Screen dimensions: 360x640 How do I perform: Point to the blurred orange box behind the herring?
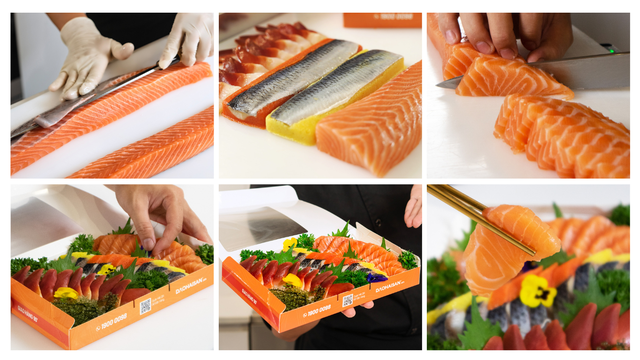[x=382, y=20]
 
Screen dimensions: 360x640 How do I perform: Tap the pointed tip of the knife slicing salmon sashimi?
[x=440, y=85]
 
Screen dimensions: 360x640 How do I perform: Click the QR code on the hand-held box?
[x=347, y=300]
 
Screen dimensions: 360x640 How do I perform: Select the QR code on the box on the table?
[x=145, y=306]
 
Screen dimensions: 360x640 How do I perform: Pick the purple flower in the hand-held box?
[x=377, y=277]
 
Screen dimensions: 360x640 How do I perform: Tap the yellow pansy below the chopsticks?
[x=537, y=291]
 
